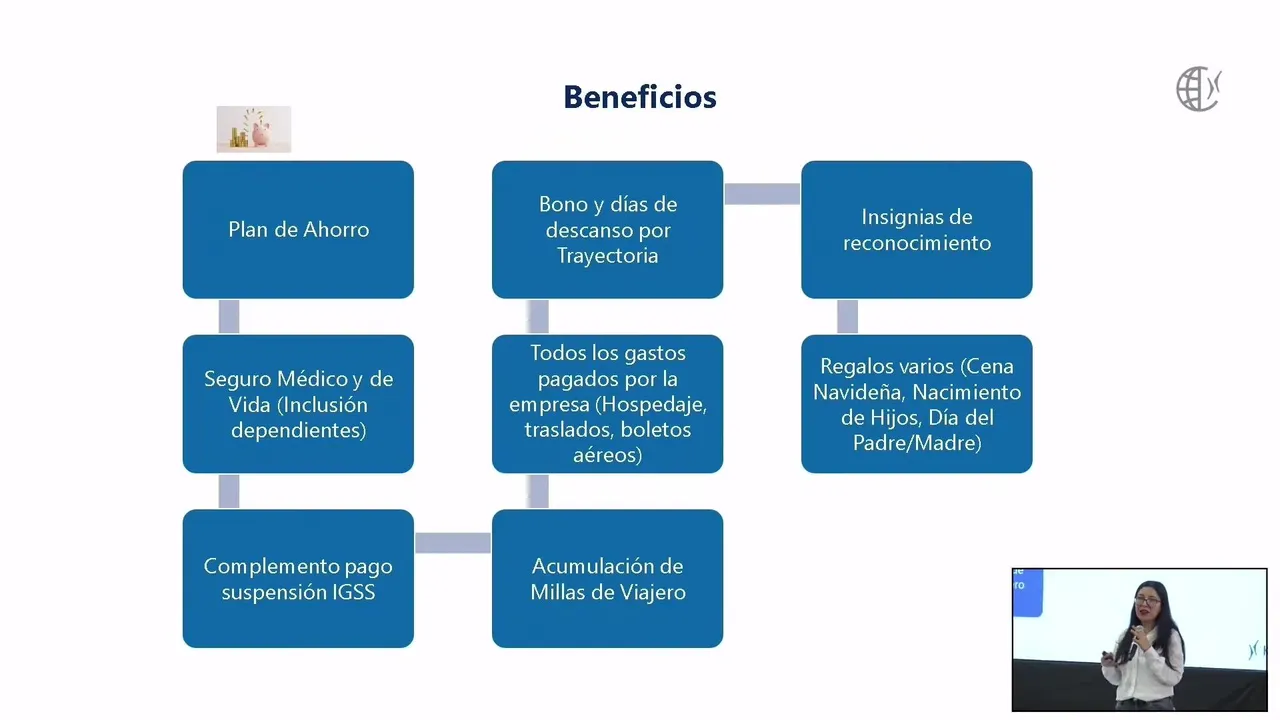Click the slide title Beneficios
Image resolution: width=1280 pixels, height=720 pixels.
coord(640,97)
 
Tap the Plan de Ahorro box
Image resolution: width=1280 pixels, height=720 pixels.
coord(298,229)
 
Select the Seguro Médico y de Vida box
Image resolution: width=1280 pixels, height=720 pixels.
coord(298,404)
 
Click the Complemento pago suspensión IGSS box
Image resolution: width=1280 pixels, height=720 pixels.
coord(298,578)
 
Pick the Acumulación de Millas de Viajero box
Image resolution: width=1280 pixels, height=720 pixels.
coord(607,578)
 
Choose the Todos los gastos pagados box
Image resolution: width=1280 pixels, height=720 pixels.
coord(607,404)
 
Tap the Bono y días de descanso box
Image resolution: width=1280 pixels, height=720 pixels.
coord(607,229)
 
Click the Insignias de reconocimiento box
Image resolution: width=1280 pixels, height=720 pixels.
coord(916,229)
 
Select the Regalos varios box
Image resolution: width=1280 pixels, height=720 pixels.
coord(916,404)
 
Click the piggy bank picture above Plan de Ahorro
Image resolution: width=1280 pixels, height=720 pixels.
coord(254,129)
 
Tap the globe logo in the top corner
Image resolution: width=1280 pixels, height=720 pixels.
coord(1198,89)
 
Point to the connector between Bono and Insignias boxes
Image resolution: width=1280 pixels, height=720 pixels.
coord(762,194)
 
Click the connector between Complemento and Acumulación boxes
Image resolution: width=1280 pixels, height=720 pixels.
coord(453,543)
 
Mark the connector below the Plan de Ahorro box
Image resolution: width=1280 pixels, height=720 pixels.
coord(229,317)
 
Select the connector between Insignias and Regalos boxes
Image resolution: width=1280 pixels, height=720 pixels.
coord(847,317)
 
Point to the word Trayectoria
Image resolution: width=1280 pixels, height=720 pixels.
coord(607,256)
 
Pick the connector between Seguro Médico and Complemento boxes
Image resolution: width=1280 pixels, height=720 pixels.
coord(229,491)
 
